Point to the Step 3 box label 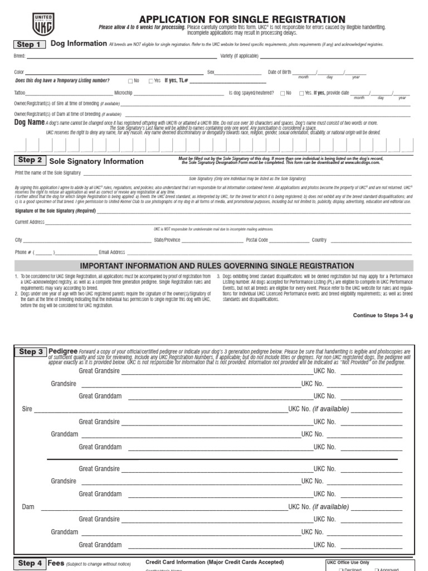[x=31, y=352]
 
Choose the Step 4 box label [x=30, y=563]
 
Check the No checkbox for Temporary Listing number [x=130, y=81]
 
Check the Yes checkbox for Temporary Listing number [x=151, y=81]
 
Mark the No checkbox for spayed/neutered [x=283, y=93]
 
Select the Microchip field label [x=123, y=93]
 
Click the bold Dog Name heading [x=28, y=122]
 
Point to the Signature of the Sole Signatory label [x=55, y=211]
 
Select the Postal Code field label [x=257, y=240]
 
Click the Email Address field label [x=112, y=252]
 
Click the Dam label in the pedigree [x=28, y=507]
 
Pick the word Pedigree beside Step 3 [x=62, y=351]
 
